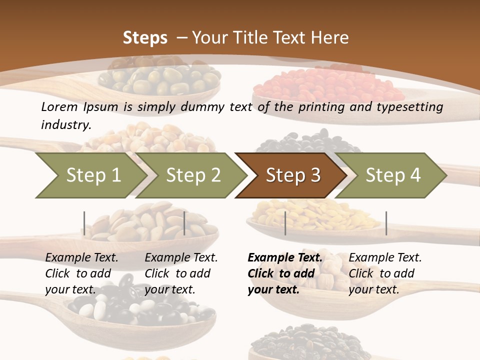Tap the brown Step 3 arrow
coord(293,175)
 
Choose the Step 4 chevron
coord(393,175)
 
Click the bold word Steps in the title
coord(145,37)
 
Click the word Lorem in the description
coord(59,106)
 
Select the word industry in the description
coord(65,124)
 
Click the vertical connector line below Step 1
coord(84,223)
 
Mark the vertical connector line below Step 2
coord(184,223)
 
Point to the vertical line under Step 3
coord(285,223)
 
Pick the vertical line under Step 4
coord(386,223)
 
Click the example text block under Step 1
coord(81,273)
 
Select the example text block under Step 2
coord(181,273)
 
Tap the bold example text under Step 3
coord(285,273)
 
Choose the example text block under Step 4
coord(385,273)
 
